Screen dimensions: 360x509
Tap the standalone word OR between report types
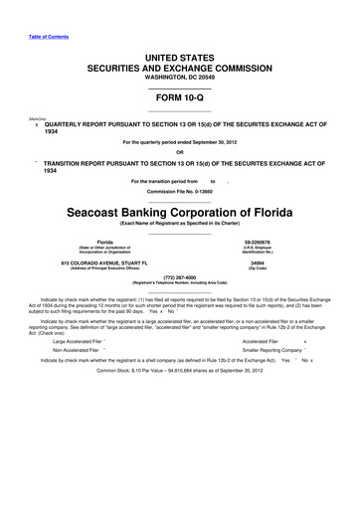click(x=179, y=152)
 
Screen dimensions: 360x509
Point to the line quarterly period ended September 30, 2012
click(x=179, y=141)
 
